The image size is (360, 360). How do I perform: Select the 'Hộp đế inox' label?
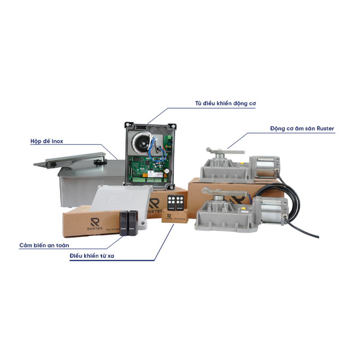[44, 141]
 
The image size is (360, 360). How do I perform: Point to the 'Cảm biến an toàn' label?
[44, 245]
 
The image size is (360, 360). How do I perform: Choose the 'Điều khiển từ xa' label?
[95, 256]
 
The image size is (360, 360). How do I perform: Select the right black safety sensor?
[134, 221]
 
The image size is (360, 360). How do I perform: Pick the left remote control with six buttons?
[171, 202]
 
